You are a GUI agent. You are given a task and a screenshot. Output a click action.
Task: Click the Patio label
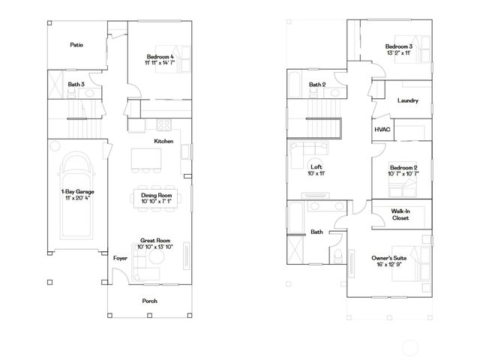76,45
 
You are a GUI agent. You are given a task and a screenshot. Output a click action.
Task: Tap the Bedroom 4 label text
160,57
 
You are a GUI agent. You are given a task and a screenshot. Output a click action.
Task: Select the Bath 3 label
76,85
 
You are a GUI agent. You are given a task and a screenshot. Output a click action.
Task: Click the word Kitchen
164,141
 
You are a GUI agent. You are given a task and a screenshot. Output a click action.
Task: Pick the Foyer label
120,257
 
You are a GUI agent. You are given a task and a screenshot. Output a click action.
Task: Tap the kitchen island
147,158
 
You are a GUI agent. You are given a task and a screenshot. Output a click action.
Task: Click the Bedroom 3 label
400,47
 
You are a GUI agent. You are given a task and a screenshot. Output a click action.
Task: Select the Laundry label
408,100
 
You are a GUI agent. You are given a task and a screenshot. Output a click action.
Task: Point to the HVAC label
382,129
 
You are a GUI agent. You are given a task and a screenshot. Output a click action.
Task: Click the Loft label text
316,167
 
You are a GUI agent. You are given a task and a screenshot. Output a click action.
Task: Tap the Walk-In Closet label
400,214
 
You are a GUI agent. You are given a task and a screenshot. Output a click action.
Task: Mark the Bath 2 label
317,85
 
